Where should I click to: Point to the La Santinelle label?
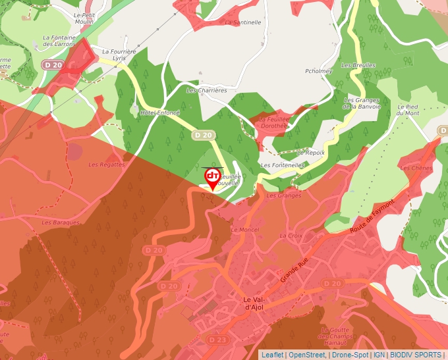pyautogui.click(x=243, y=22)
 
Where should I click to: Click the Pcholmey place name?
pyautogui.click(x=318, y=71)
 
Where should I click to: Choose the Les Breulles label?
pyautogui.click(x=358, y=66)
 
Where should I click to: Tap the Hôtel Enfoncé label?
pyautogui.click(x=160, y=113)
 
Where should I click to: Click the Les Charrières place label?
pyautogui.click(x=207, y=90)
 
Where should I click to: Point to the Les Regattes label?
pyautogui.click(x=107, y=165)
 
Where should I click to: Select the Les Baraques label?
pyautogui.click(x=61, y=222)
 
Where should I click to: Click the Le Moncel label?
pyautogui.click(x=245, y=230)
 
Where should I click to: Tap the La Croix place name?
pyautogui.click(x=291, y=235)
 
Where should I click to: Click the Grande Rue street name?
pyautogui.click(x=294, y=269)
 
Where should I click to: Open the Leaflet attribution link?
pyautogui.click(x=272, y=355)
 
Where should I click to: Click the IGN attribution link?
pyautogui.click(x=379, y=355)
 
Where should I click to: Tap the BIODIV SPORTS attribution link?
pyautogui.click(x=416, y=355)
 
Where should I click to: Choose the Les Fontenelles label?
pyautogui.click(x=283, y=165)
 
